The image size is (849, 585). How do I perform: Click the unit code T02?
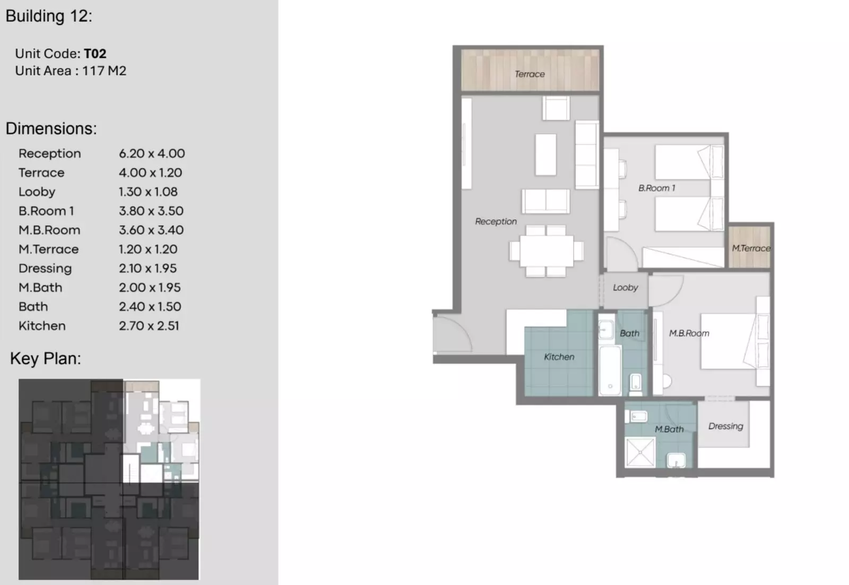pos(95,54)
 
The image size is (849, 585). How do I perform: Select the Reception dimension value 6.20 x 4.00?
pos(152,153)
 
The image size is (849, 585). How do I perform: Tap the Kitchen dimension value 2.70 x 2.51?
pos(149,326)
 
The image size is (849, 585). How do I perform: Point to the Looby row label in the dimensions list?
pos(37,192)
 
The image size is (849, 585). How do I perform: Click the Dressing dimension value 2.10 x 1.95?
pos(148,269)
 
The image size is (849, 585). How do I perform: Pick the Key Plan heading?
pos(46,359)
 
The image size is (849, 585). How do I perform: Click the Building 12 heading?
pos(49,16)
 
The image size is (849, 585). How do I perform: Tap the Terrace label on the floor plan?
pos(530,74)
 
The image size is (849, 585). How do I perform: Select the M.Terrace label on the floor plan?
pos(751,248)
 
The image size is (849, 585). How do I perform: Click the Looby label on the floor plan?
pos(626,288)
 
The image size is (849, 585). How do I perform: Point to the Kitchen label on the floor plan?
pos(559,357)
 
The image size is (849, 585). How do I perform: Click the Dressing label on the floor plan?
pos(725,426)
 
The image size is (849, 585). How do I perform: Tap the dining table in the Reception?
pos(547,251)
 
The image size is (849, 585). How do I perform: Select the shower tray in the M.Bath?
pos(640,452)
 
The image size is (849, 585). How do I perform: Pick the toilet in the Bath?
pos(635,384)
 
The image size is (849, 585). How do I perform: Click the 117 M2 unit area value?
pos(104,71)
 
